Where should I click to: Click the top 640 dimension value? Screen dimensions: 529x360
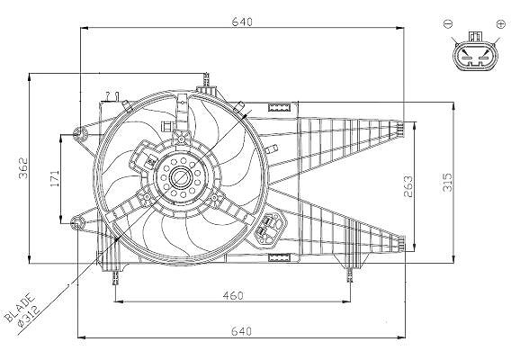(x=242, y=22)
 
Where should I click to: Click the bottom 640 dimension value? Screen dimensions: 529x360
(x=241, y=331)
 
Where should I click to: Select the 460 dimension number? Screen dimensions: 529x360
(x=233, y=295)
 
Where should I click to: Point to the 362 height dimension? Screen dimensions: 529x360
(x=23, y=168)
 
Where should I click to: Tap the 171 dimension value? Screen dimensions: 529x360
(x=55, y=178)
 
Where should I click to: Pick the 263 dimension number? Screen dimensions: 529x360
(x=408, y=186)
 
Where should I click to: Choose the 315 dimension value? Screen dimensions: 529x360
(x=447, y=183)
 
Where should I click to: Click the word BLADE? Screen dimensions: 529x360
(x=20, y=308)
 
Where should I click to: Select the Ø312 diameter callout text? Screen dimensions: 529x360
(x=30, y=316)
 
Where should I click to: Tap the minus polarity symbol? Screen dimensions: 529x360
(x=448, y=23)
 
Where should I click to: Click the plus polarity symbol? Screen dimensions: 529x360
(x=500, y=23)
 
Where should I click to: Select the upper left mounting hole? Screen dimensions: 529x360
(x=80, y=135)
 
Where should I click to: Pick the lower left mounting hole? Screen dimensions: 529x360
(x=77, y=223)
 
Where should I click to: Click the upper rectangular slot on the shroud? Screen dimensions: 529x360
(x=279, y=108)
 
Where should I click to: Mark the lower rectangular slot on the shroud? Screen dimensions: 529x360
(x=279, y=257)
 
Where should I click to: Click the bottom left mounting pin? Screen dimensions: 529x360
(x=116, y=277)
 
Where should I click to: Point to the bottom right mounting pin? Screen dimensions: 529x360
(x=350, y=275)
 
